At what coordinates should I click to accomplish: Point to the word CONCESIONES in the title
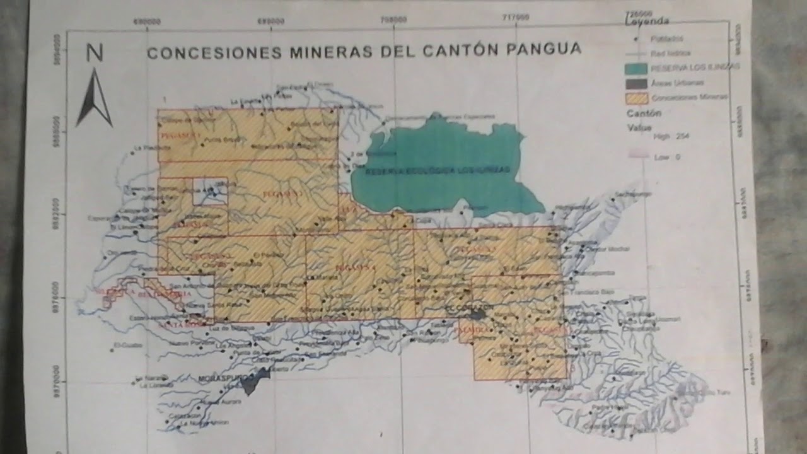pyautogui.click(x=215, y=53)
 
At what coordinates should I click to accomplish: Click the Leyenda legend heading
pyautogui.click(x=647, y=21)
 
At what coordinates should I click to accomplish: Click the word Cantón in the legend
pyautogui.click(x=644, y=113)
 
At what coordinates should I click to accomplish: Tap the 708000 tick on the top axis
pyautogui.click(x=393, y=19)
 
